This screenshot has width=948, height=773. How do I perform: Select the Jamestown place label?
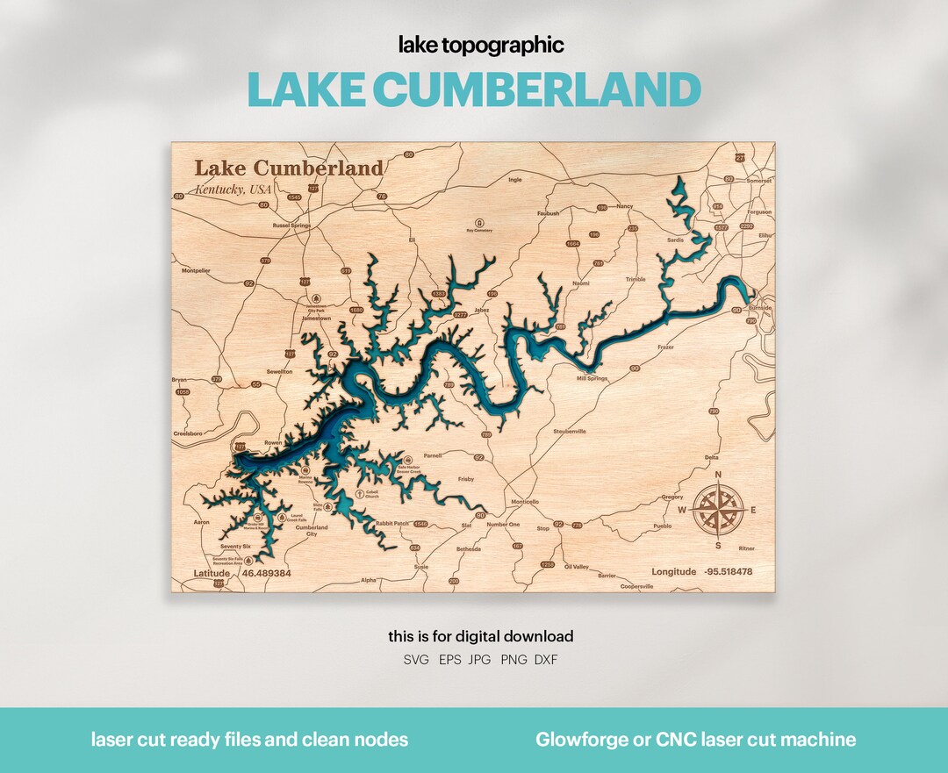[316, 319]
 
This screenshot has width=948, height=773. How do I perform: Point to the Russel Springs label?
[291, 225]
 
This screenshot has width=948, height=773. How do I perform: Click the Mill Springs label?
[592, 378]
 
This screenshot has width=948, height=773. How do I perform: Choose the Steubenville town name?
[570, 432]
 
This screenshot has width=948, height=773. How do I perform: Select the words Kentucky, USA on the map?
[233, 190]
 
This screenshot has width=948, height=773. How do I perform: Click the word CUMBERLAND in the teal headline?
[536, 89]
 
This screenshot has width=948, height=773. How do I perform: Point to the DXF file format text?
[545, 660]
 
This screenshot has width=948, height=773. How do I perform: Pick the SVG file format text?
[416, 660]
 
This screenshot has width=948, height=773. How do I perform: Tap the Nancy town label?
[624, 206]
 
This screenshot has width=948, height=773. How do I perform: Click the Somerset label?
[758, 181]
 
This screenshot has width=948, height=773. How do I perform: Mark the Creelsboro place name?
[188, 433]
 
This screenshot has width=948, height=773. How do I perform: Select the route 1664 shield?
[573, 243]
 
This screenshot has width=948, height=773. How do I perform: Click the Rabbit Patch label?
[392, 524]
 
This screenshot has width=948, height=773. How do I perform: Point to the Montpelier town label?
[196, 270]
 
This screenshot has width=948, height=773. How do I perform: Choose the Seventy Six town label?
[235, 547]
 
